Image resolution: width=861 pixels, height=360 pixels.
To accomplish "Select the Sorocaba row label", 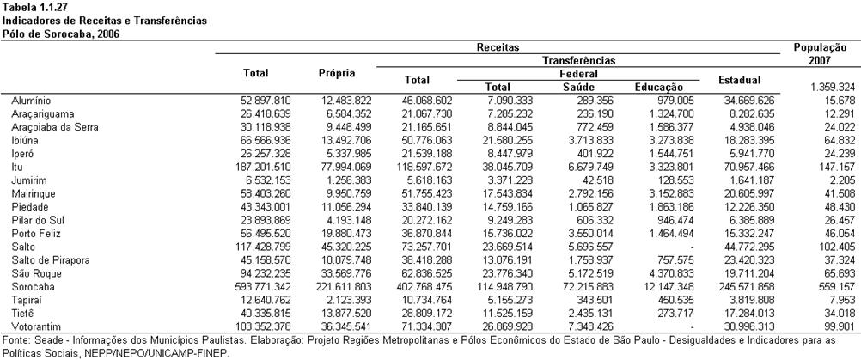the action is (x=29, y=286).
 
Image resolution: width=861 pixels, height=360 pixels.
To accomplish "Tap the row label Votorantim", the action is (x=31, y=326).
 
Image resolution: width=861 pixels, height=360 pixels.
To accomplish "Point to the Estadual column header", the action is (x=739, y=80).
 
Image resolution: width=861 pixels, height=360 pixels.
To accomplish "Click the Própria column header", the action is (x=337, y=73).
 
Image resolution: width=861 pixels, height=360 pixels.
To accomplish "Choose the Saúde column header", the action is (x=579, y=87).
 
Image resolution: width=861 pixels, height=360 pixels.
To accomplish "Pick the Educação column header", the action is (x=658, y=87).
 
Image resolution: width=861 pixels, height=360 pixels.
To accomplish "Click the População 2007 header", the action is (x=821, y=54).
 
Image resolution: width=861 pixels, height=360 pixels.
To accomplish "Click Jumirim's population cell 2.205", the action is (x=844, y=180).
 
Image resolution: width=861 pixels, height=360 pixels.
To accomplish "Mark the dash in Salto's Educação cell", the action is (x=692, y=247).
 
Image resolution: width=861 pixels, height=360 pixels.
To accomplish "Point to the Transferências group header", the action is (x=579, y=60).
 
